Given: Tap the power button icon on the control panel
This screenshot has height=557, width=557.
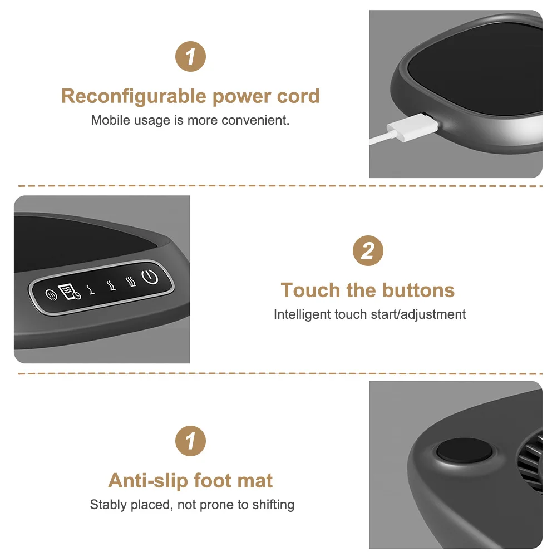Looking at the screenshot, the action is [x=150, y=277].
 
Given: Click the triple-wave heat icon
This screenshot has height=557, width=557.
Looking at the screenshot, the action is [x=131, y=282].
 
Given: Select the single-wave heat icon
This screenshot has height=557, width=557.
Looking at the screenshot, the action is [x=92, y=289].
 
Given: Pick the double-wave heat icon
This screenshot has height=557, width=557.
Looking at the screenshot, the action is [x=111, y=285].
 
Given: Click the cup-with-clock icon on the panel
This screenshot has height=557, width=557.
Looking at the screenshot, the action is [x=69, y=292].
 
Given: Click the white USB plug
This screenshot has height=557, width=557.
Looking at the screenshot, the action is [x=413, y=128].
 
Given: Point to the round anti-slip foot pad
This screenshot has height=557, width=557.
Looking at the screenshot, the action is [x=464, y=450].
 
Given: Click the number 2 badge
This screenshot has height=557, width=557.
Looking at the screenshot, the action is [x=368, y=251].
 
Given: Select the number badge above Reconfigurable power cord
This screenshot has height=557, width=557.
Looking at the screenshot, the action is [x=190, y=57].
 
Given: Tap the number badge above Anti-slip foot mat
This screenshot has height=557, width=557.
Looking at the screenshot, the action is [x=190, y=441].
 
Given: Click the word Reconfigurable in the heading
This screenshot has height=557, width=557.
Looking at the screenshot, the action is [x=134, y=97].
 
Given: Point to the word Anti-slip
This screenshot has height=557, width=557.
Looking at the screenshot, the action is [x=148, y=481].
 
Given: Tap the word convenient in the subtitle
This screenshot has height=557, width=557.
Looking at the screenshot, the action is [x=255, y=120].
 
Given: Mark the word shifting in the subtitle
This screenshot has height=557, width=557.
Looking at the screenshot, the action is [x=273, y=505].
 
